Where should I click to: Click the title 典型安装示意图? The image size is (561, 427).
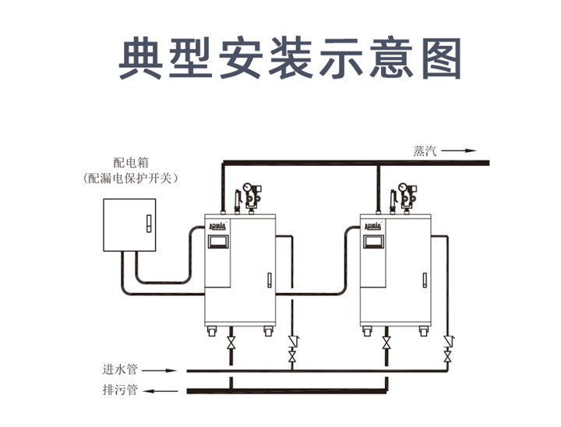point(290,58)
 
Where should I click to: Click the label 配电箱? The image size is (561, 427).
point(130,163)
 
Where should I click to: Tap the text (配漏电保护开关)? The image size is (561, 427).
point(130,178)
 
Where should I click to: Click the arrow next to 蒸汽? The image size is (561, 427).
point(463,151)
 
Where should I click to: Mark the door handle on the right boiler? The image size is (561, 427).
point(425,279)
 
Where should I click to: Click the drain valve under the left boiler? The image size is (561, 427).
point(231,344)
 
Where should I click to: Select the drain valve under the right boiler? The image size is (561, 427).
point(387,344)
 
